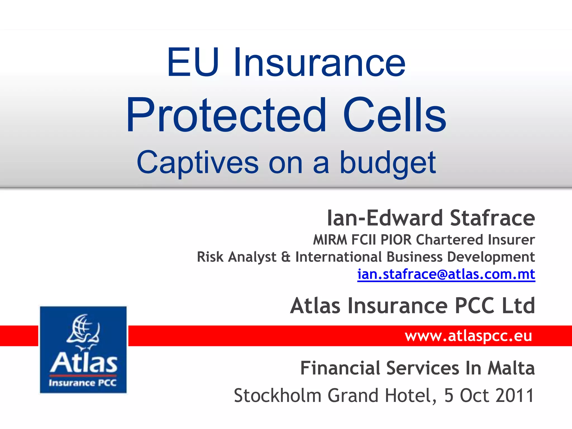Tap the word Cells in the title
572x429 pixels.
pyautogui.click(x=394, y=115)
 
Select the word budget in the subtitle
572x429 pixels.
pyautogui.click(x=388, y=163)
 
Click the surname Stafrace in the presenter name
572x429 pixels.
pyautogui.click(x=492, y=218)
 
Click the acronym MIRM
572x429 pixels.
pyautogui.click(x=330, y=240)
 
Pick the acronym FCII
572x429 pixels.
pyautogui.click(x=364, y=240)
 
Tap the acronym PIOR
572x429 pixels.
pyautogui.click(x=396, y=240)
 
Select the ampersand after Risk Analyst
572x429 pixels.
pyautogui.click(x=286, y=257)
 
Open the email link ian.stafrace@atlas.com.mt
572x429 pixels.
pyautogui.click(x=446, y=274)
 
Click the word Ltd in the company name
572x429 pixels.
pyautogui.click(x=518, y=306)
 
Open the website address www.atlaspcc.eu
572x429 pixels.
pyautogui.click(x=468, y=336)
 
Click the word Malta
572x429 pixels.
pyautogui.click(x=511, y=368)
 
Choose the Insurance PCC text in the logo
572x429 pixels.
pyautogui.click(x=83, y=383)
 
